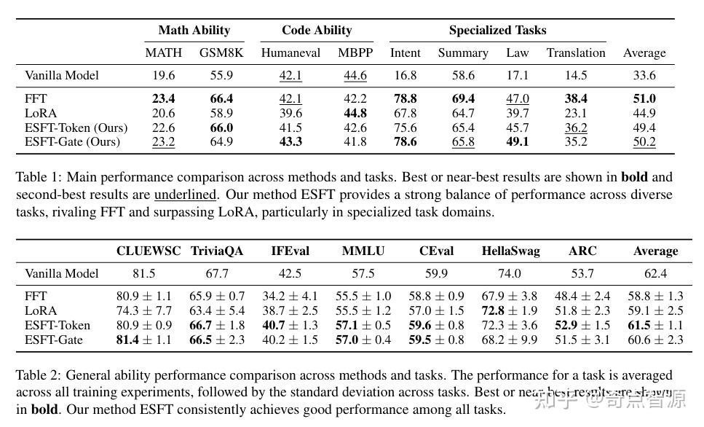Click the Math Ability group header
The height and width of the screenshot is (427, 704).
(194, 31)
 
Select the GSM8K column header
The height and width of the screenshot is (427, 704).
(221, 53)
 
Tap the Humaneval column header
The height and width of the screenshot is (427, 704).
(290, 53)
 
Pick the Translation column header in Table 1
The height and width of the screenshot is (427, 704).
(576, 53)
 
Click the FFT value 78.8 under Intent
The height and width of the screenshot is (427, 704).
(405, 99)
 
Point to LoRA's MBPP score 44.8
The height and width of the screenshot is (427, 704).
(355, 114)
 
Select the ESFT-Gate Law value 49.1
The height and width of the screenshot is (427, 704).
(517, 142)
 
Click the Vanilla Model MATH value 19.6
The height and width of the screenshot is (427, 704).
(163, 76)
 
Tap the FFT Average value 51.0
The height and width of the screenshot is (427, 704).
(644, 99)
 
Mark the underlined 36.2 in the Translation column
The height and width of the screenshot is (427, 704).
(576, 128)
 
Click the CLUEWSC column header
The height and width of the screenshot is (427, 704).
(149, 251)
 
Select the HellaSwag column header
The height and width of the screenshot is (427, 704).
(510, 251)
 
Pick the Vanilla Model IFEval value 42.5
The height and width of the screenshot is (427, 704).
(290, 274)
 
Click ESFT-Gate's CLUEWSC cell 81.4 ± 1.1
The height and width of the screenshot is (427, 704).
(144, 340)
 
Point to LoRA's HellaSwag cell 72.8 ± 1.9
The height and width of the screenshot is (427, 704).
(510, 311)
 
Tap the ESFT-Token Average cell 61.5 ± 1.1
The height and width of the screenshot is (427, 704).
(655, 326)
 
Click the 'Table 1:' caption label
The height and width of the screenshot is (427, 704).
(38, 177)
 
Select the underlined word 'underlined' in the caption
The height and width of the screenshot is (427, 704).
(185, 195)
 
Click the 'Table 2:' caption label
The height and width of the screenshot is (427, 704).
(38, 376)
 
